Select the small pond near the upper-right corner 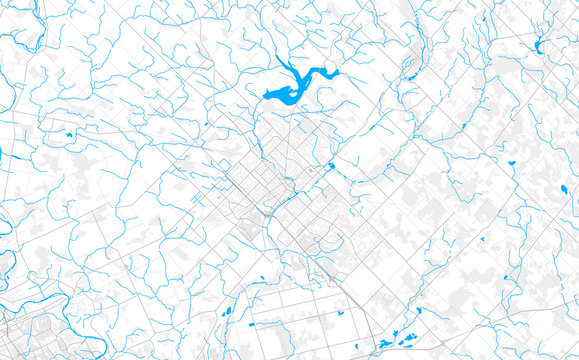tap(539, 45)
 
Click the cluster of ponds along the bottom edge tap(400, 336)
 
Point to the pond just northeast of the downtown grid tap(330, 166)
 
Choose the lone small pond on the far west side tap(69, 133)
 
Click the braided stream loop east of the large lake tap(407, 70)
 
